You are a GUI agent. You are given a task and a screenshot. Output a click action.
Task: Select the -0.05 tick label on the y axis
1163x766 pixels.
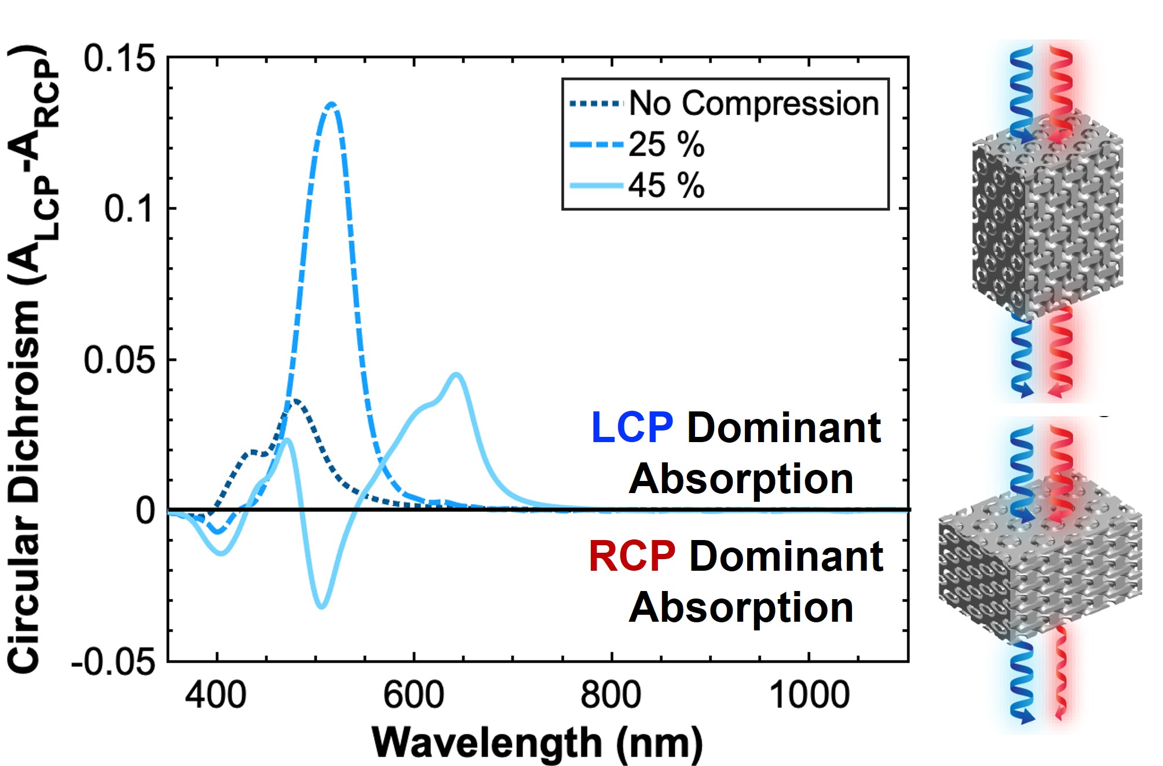coord(114,661)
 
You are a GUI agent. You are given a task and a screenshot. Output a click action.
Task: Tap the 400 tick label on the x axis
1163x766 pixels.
coord(215,695)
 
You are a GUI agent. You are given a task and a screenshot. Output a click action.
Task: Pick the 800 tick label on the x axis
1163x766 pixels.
coord(611,695)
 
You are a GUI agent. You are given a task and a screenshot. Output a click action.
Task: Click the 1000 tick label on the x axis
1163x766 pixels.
coord(809,695)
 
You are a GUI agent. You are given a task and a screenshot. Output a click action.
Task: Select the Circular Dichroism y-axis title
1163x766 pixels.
coord(32,359)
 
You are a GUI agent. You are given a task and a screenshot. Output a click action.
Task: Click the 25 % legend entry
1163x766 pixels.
coord(666,144)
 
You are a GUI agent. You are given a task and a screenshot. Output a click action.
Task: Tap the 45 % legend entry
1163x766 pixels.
coord(666,186)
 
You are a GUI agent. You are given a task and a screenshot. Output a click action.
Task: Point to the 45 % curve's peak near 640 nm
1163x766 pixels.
coord(457,375)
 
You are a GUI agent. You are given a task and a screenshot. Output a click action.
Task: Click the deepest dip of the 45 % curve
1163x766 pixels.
coord(321,606)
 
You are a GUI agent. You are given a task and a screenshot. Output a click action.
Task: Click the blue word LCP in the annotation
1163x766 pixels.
coord(632,428)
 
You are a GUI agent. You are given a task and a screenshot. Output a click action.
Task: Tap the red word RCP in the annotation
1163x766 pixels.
coord(632,556)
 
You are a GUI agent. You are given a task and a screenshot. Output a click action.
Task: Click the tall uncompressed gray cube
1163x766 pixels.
coord(1047,220)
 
